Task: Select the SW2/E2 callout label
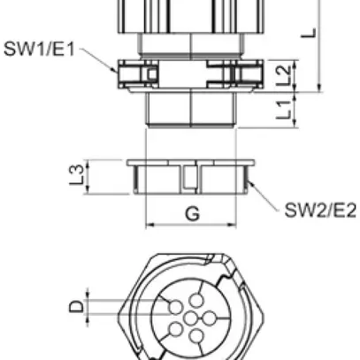click(319, 210)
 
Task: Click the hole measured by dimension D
click(170, 306)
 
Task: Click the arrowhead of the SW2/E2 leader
click(250, 180)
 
